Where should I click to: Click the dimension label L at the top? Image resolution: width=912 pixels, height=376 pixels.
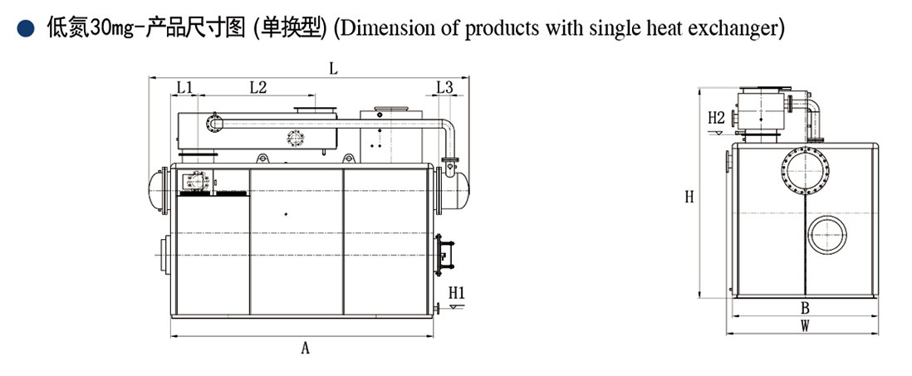pos(333,69)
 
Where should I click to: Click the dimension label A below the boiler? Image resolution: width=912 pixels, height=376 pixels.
pos(305,349)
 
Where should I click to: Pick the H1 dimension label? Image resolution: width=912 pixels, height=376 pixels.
pos(456,292)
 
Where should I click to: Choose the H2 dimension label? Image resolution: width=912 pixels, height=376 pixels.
pos(717,118)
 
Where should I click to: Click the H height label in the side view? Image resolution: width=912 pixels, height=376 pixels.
pos(689,197)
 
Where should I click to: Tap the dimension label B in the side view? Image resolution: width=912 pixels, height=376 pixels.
pos(804,308)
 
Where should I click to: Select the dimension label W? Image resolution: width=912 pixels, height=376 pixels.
pos(804,326)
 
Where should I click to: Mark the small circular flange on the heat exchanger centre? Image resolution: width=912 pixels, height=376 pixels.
pos(296,138)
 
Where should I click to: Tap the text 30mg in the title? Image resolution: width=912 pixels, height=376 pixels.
pos(107,29)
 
